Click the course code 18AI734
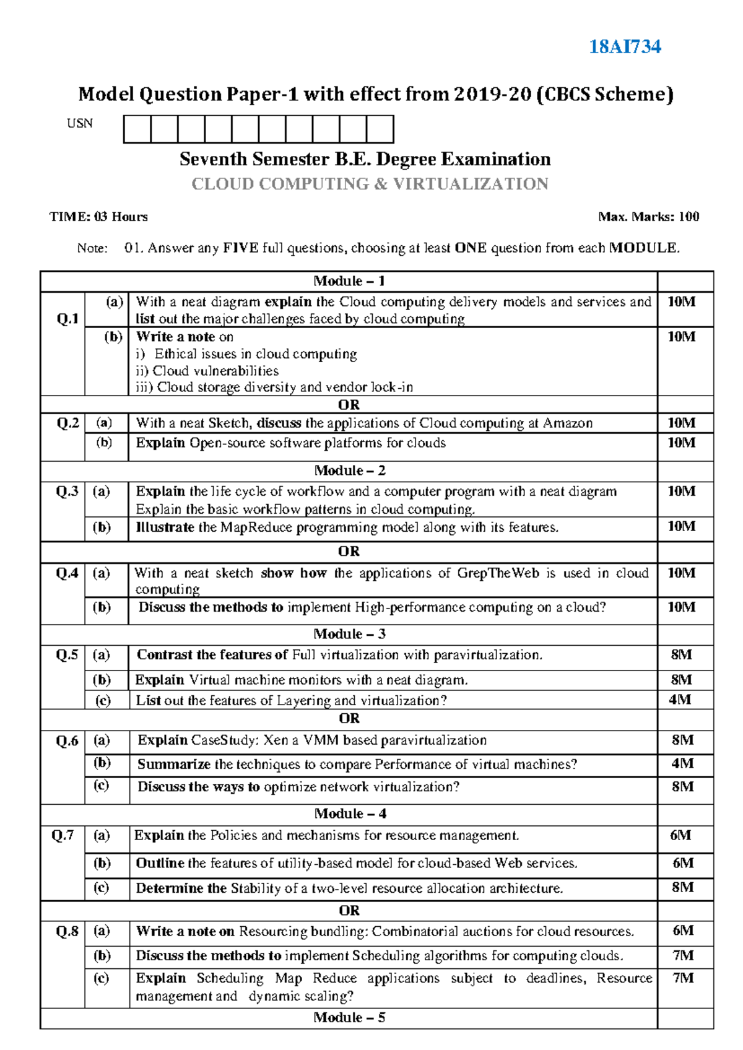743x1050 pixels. pyautogui.click(x=625, y=46)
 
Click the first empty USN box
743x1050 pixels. pyautogui.click(x=137, y=129)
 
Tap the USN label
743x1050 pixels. pyautogui.click(x=80, y=123)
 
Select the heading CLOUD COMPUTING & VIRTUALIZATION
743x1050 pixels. pyautogui.click(x=370, y=184)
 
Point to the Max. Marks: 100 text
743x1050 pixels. pyautogui.click(x=648, y=217)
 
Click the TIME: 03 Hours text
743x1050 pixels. pyautogui.click(x=98, y=217)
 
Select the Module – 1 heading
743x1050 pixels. pyautogui.click(x=349, y=281)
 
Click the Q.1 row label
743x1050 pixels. pyautogui.click(x=67, y=319)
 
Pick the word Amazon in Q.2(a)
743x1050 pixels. pyautogui.click(x=567, y=423)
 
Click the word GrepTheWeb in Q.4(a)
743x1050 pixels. pyautogui.click(x=498, y=573)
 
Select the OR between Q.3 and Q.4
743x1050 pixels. pyautogui.click(x=349, y=551)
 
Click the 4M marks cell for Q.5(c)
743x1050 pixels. pyautogui.click(x=680, y=700)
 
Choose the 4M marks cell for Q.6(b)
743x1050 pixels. pyautogui.click(x=682, y=763)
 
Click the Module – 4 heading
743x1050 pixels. pyautogui.click(x=350, y=814)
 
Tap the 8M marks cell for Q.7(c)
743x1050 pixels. pyautogui.click(x=682, y=887)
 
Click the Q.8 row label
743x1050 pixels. pyautogui.click(x=67, y=932)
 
